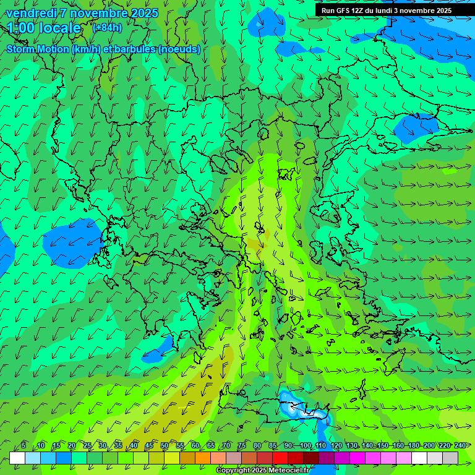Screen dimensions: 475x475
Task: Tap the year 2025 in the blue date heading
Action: [x=143, y=13]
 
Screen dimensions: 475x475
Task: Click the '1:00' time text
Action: [x=20, y=28]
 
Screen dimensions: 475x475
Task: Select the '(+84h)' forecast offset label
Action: [x=107, y=28]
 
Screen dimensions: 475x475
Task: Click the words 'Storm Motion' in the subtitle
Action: [x=38, y=49]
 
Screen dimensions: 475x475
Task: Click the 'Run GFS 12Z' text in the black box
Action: [x=342, y=11]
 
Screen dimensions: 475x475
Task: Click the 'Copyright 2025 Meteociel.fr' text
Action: [x=262, y=471]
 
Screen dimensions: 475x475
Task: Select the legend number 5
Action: [x=24, y=445]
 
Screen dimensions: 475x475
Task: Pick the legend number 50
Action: [x=165, y=445]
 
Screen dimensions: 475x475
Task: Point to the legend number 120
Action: [x=336, y=445]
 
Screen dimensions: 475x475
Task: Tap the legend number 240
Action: [x=460, y=445]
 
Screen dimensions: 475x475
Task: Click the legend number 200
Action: [x=429, y=445]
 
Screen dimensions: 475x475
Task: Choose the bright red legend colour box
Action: [x=280, y=458]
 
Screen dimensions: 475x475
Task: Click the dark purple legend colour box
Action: [x=327, y=458]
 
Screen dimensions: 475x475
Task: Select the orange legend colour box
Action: [x=203, y=458]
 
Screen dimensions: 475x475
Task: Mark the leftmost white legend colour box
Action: [x=17, y=458]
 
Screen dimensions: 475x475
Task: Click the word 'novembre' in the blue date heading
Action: [x=98, y=13]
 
